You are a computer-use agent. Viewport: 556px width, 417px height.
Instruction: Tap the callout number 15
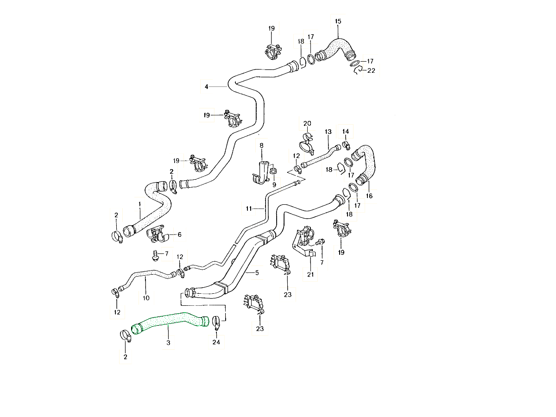[x=338, y=21]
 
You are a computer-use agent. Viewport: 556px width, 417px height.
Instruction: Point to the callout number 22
[x=371, y=70]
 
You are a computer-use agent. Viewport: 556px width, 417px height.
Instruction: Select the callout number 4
[x=207, y=86]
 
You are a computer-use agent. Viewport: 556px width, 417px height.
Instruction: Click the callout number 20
[x=307, y=123]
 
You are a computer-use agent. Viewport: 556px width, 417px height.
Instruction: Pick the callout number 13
[x=328, y=132]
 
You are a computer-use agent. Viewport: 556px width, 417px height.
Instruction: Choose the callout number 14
[x=346, y=132]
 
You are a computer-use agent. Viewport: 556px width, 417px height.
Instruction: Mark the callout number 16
[x=369, y=196]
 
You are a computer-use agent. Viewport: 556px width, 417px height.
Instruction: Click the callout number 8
[x=261, y=145]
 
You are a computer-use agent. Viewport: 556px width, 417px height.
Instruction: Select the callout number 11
[x=249, y=209]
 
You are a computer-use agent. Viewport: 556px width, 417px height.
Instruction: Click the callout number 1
[x=139, y=203]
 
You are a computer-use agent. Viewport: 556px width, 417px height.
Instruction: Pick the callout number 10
[x=146, y=298]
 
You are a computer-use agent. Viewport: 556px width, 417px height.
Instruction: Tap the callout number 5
[x=257, y=273]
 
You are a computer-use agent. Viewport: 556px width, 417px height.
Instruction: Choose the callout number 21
[x=310, y=274]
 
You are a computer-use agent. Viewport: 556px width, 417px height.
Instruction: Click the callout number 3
[x=168, y=342]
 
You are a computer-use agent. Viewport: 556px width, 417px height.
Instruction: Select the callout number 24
[x=216, y=342]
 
